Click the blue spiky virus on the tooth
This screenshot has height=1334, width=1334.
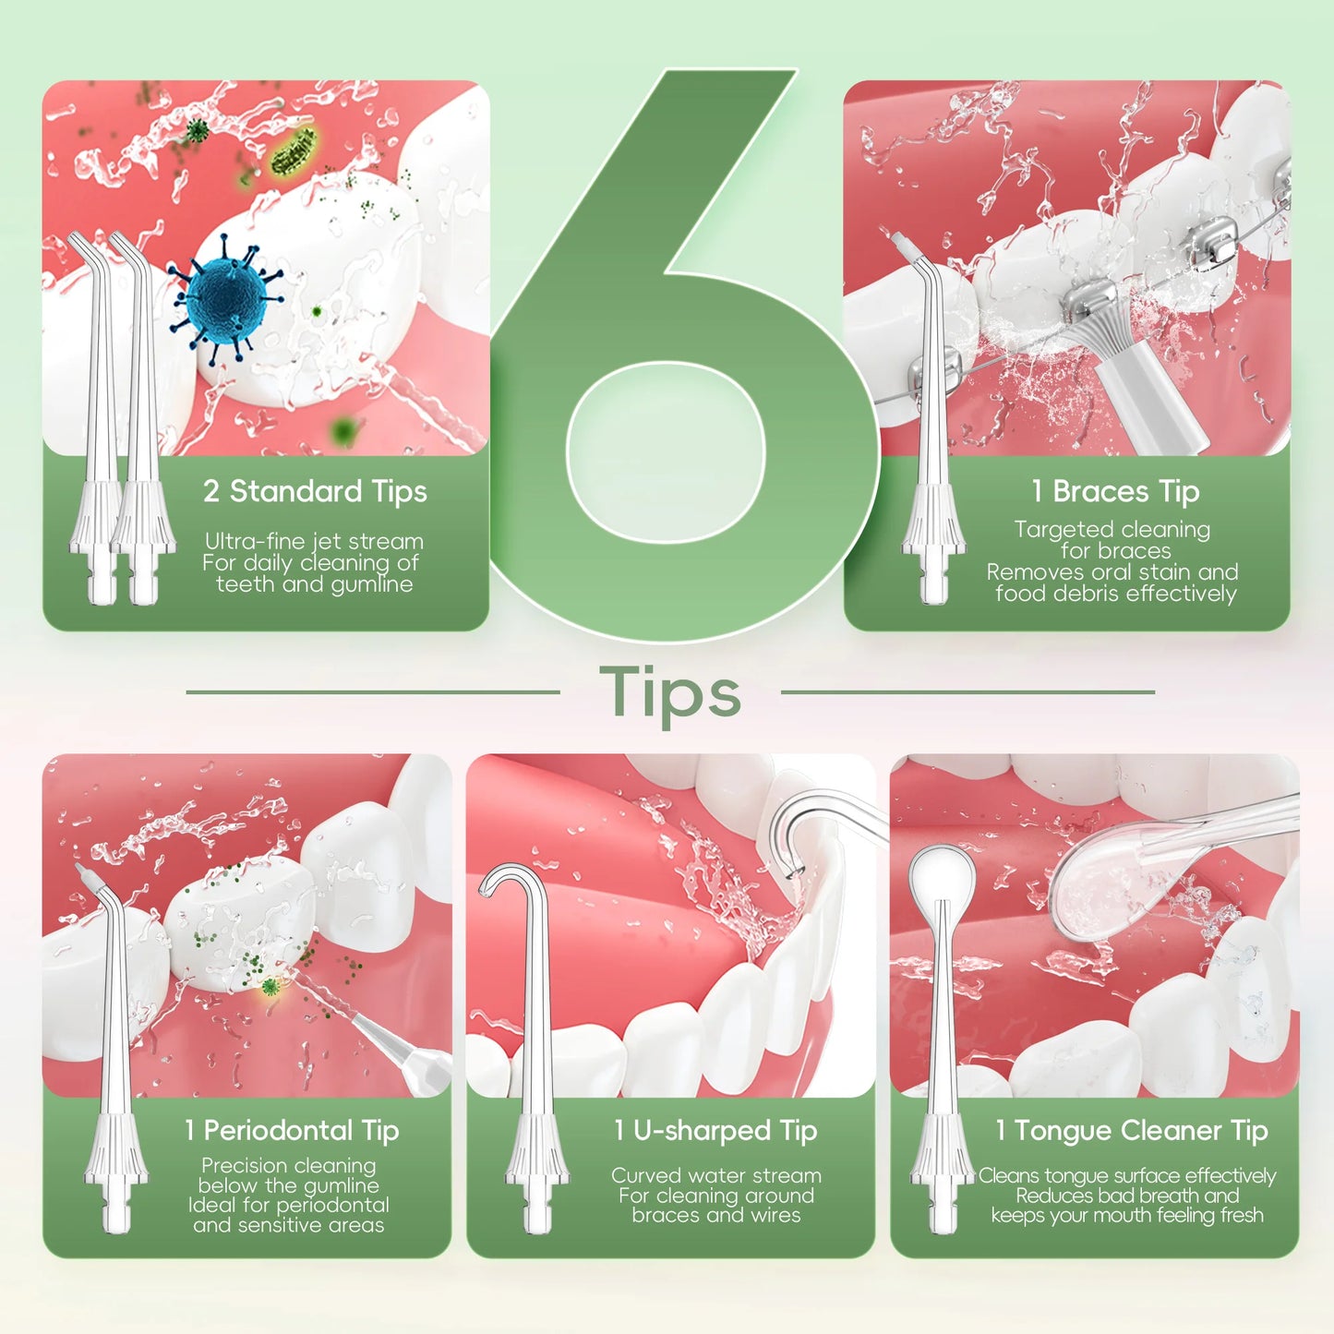coord(227,297)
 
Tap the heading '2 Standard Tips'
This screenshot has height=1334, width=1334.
coord(315,491)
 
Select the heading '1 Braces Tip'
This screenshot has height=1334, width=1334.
coord(1115,491)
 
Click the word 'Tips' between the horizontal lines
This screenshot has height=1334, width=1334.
coord(670,693)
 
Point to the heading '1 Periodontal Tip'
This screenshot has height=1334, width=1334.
coord(292,1131)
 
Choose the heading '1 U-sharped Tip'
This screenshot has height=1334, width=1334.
coord(715,1131)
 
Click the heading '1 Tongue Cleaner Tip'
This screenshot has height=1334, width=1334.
coord(1132,1131)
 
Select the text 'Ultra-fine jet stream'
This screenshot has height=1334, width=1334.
coord(314,541)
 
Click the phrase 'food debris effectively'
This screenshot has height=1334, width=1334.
coord(1115,594)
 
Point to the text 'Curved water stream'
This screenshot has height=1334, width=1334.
coord(715,1175)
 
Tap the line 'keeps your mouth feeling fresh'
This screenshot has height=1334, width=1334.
coord(1127,1216)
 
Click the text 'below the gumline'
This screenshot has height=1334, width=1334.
coord(289,1185)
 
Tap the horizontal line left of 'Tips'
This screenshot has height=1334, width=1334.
coord(372,691)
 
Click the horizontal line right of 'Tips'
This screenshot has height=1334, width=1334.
coord(967,691)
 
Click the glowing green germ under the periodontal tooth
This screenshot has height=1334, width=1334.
coord(270,988)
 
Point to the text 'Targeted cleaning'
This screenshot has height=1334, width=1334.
coord(1112,530)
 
